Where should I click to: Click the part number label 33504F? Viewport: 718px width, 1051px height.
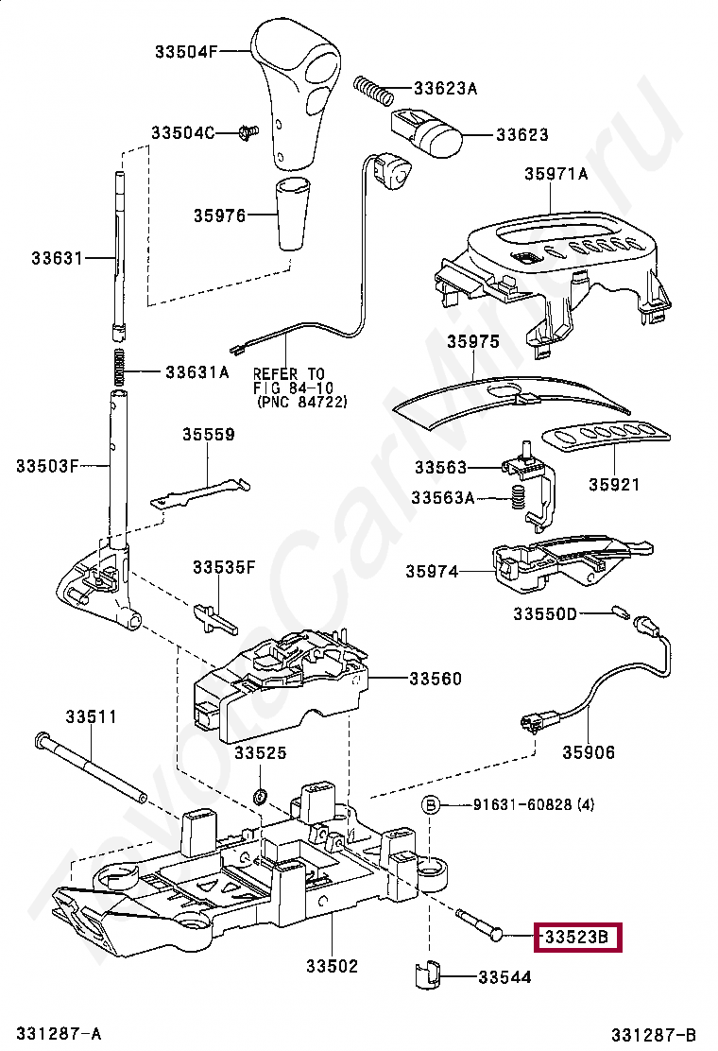point(186,52)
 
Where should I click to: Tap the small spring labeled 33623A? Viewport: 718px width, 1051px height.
point(372,91)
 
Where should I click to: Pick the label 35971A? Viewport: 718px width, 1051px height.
point(556,173)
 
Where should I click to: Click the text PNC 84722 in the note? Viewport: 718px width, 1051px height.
point(302,402)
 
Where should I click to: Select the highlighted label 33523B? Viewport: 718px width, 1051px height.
point(578,938)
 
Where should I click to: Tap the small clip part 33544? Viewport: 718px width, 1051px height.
point(428,975)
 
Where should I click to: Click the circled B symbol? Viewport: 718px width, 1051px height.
point(431,805)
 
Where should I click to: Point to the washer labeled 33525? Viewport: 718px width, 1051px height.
point(260,790)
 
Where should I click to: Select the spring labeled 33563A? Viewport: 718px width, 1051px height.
point(517,498)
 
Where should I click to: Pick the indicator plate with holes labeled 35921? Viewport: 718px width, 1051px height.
point(605,439)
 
